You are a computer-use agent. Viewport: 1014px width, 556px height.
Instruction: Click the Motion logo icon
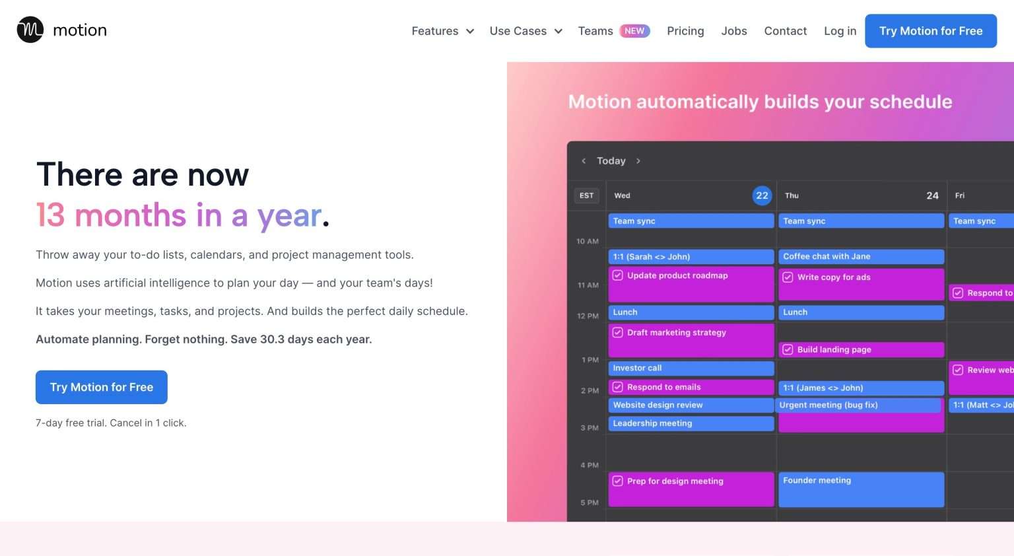tap(30, 30)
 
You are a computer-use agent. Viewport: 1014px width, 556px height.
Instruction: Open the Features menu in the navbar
tap(442, 31)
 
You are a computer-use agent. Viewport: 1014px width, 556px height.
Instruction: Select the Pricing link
tap(685, 31)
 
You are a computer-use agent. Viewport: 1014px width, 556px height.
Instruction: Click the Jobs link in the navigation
tap(734, 31)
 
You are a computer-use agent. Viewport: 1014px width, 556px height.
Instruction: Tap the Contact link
tap(785, 31)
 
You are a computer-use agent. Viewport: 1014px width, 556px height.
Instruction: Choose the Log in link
tap(840, 31)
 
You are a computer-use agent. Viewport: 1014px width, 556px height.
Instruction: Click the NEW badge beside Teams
tap(634, 31)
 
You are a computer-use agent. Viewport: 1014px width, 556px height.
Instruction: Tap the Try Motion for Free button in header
tap(930, 31)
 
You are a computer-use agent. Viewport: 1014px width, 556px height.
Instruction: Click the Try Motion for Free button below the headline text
tap(102, 387)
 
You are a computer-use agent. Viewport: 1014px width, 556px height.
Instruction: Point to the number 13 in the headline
tap(50, 215)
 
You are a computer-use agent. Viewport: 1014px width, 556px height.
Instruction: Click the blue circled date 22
tap(762, 195)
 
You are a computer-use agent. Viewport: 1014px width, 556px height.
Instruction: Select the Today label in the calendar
tap(611, 161)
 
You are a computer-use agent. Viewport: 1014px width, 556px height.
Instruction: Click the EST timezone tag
tap(586, 195)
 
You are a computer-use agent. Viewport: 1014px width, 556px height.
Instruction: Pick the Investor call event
tap(691, 368)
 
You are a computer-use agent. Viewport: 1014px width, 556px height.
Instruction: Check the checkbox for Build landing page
tap(788, 349)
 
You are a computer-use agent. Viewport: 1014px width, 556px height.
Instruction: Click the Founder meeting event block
tap(861, 489)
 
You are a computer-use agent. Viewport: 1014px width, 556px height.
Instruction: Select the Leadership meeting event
tap(691, 423)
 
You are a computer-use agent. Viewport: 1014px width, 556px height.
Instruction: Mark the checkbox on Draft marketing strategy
tap(618, 332)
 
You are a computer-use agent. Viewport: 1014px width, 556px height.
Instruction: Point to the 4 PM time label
tap(590, 466)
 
